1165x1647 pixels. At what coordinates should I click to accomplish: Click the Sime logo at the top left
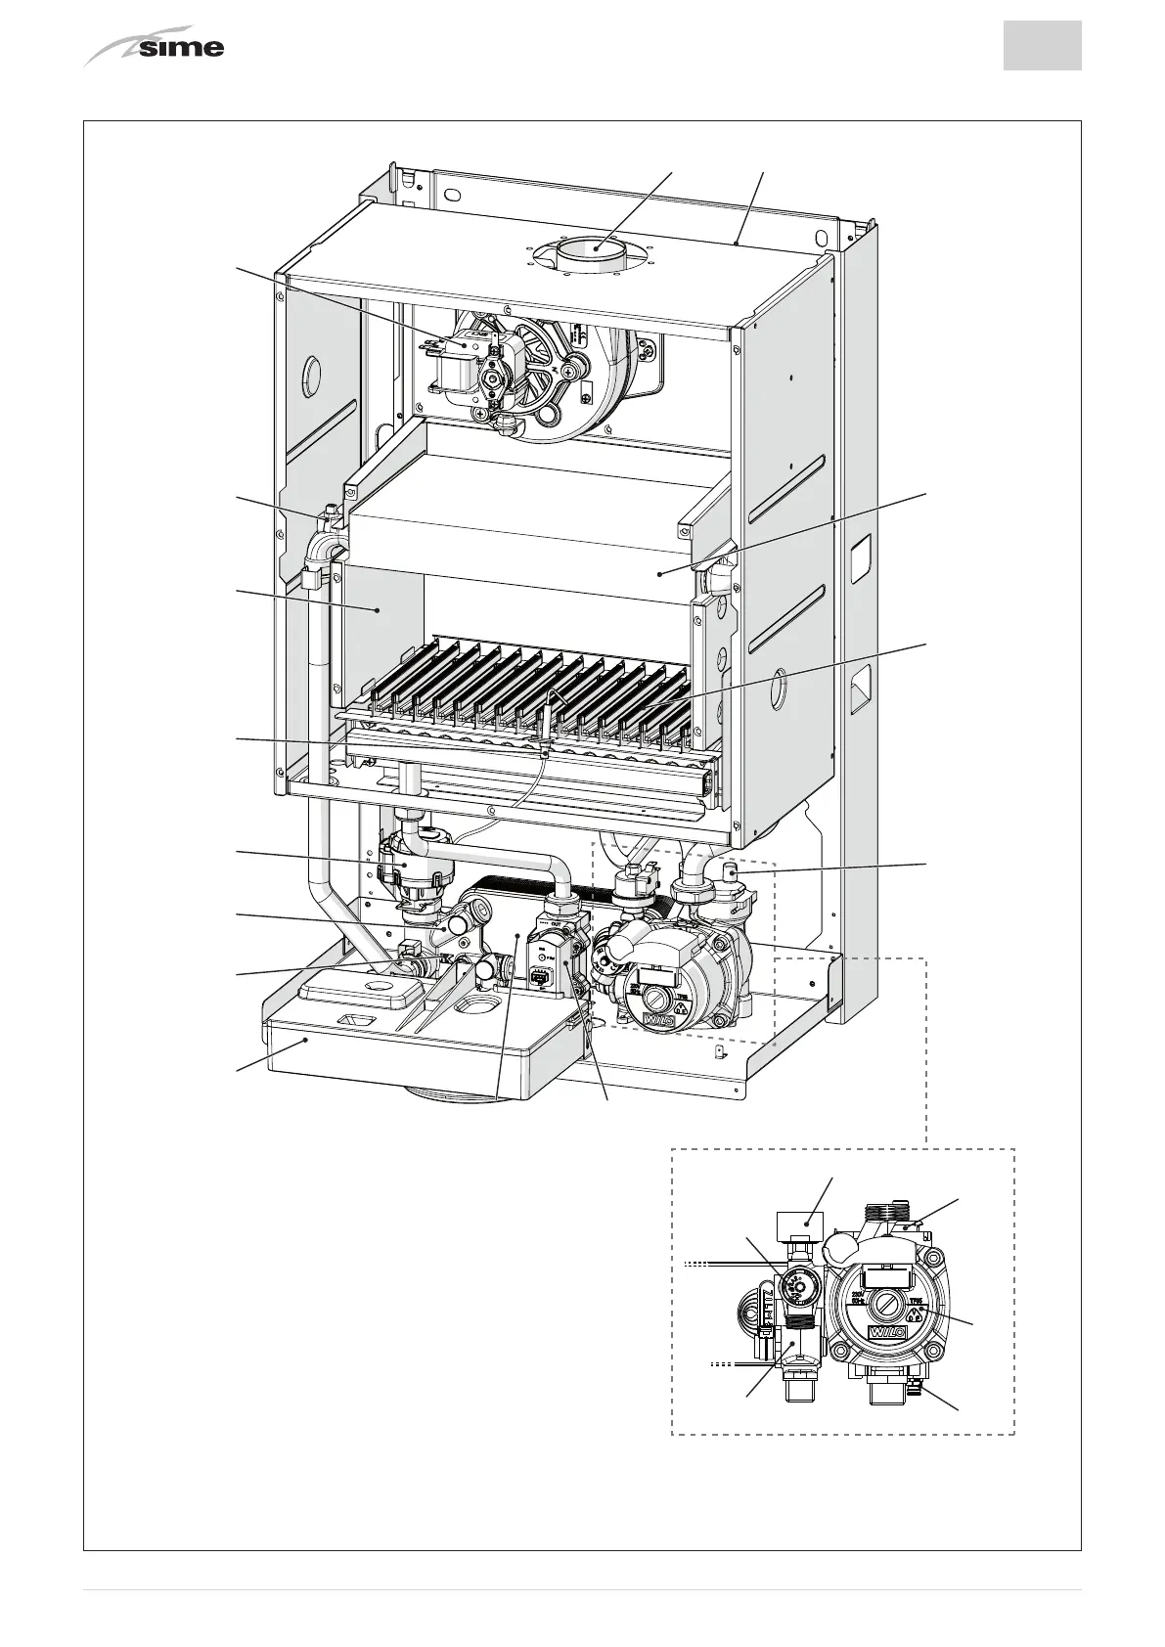point(157,47)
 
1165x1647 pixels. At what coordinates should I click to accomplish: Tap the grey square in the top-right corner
point(1042,46)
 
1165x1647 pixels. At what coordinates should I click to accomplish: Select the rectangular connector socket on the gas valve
point(537,975)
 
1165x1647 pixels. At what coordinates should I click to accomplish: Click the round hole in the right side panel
point(779,690)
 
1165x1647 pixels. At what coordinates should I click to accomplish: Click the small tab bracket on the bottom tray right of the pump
point(722,1051)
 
